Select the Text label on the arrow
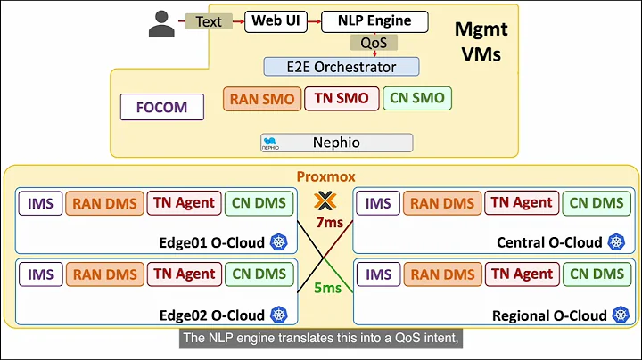coord(209,21)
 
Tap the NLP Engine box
coord(374,21)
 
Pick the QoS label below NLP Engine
coord(374,43)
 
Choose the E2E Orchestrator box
coord(342,66)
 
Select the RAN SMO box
coord(260,99)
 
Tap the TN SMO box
coord(342,99)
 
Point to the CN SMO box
coord(417,99)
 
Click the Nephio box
coord(336,143)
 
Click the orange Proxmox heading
coord(321,176)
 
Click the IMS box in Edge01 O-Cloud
coord(40,203)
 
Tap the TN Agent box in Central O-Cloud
coord(521,203)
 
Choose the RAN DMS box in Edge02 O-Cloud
coord(106,275)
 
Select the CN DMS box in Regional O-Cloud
coord(597,275)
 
